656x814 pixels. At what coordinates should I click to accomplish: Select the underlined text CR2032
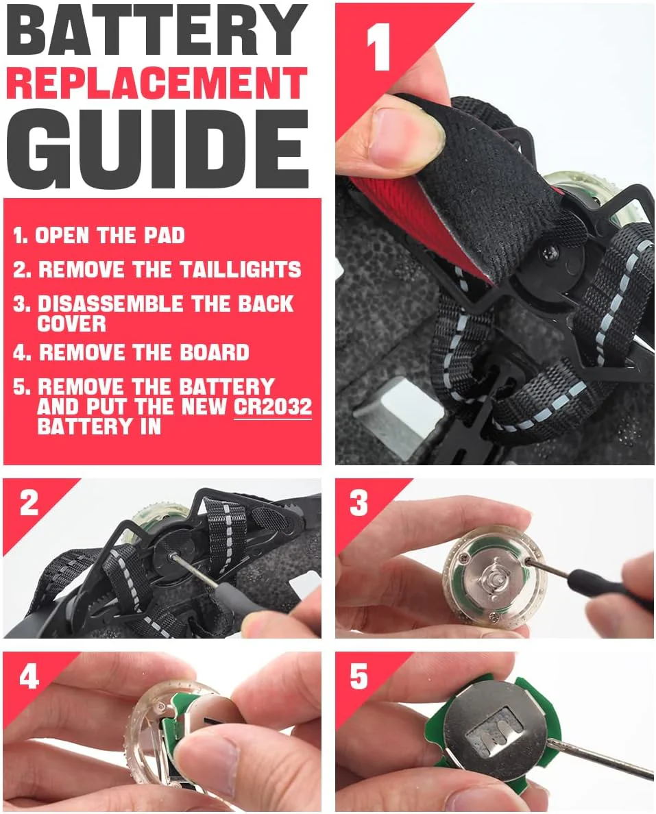pyautogui.click(x=273, y=406)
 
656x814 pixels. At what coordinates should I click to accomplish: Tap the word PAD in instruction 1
pyautogui.click(x=164, y=236)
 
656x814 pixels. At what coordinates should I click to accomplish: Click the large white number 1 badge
pyautogui.click(x=378, y=47)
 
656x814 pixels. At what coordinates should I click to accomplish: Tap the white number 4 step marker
pyautogui.click(x=29, y=677)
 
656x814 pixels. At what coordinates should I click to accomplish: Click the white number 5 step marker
pyautogui.click(x=359, y=676)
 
